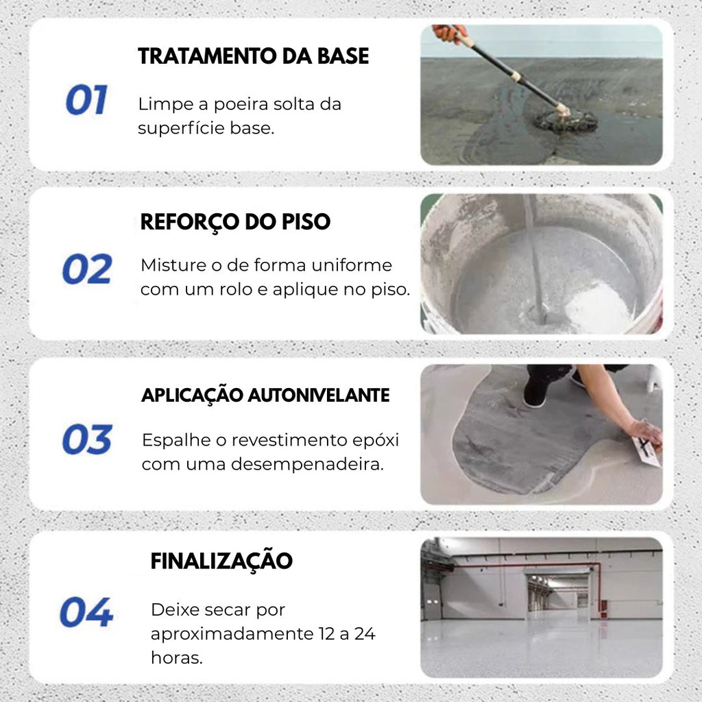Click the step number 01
coord(86,101)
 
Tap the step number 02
coord(87,269)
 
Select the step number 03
coord(87,439)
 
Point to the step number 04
coord(86,612)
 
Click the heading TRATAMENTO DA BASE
coord(254,56)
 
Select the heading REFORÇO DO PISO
coord(235,222)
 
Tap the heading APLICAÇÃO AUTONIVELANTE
coord(265,396)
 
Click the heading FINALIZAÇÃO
coord(221,561)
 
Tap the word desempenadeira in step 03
coord(308,464)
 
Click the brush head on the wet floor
coord(566,121)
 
